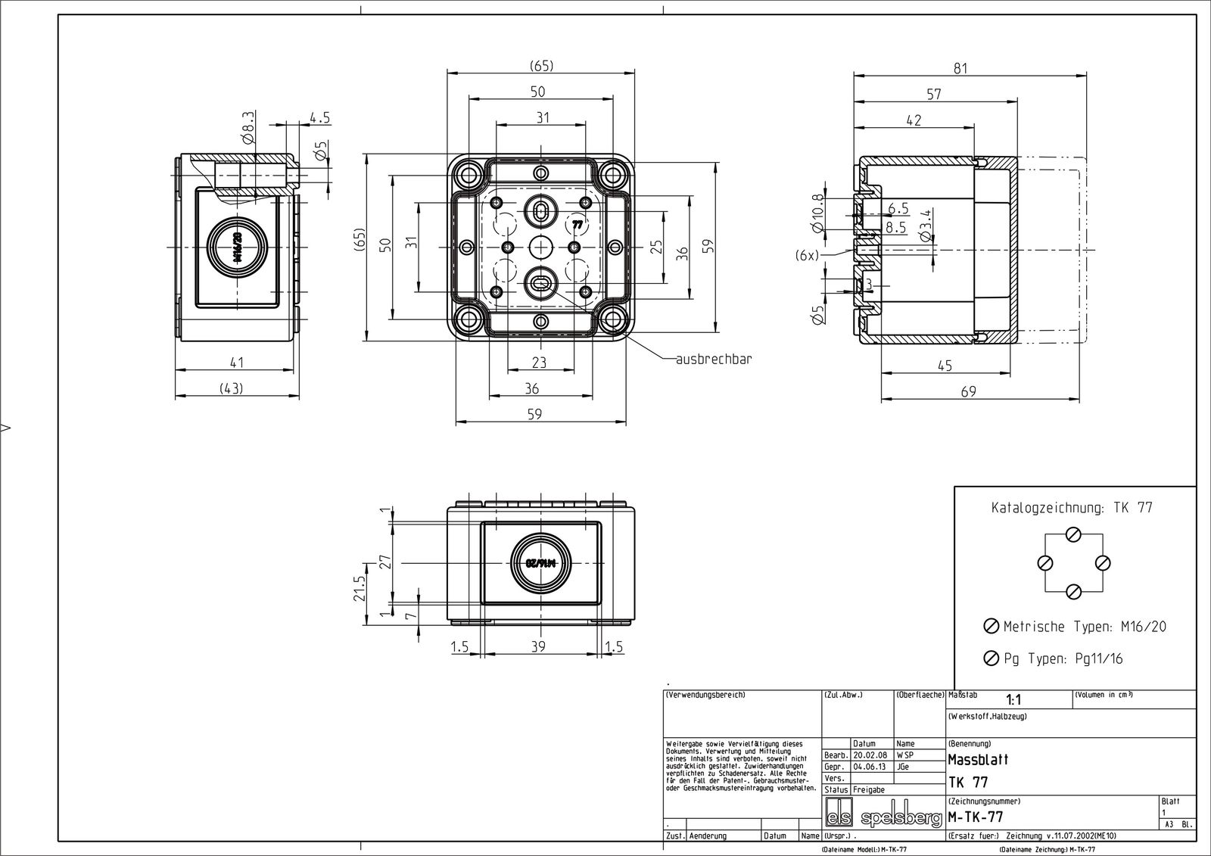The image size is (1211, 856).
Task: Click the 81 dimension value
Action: click(960, 69)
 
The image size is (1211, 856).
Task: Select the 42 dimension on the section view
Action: click(913, 120)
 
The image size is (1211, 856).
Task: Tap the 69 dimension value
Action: click(968, 391)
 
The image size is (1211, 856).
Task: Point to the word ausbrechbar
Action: click(714, 359)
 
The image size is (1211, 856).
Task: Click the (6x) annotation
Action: click(807, 256)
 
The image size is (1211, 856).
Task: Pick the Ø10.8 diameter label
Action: click(817, 213)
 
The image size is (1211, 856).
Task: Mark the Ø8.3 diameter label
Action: click(249, 128)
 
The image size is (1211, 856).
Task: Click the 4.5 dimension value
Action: click(319, 118)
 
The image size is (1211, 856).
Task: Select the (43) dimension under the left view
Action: click(232, 388)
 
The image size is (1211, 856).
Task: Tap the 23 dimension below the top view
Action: click(539, 363)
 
